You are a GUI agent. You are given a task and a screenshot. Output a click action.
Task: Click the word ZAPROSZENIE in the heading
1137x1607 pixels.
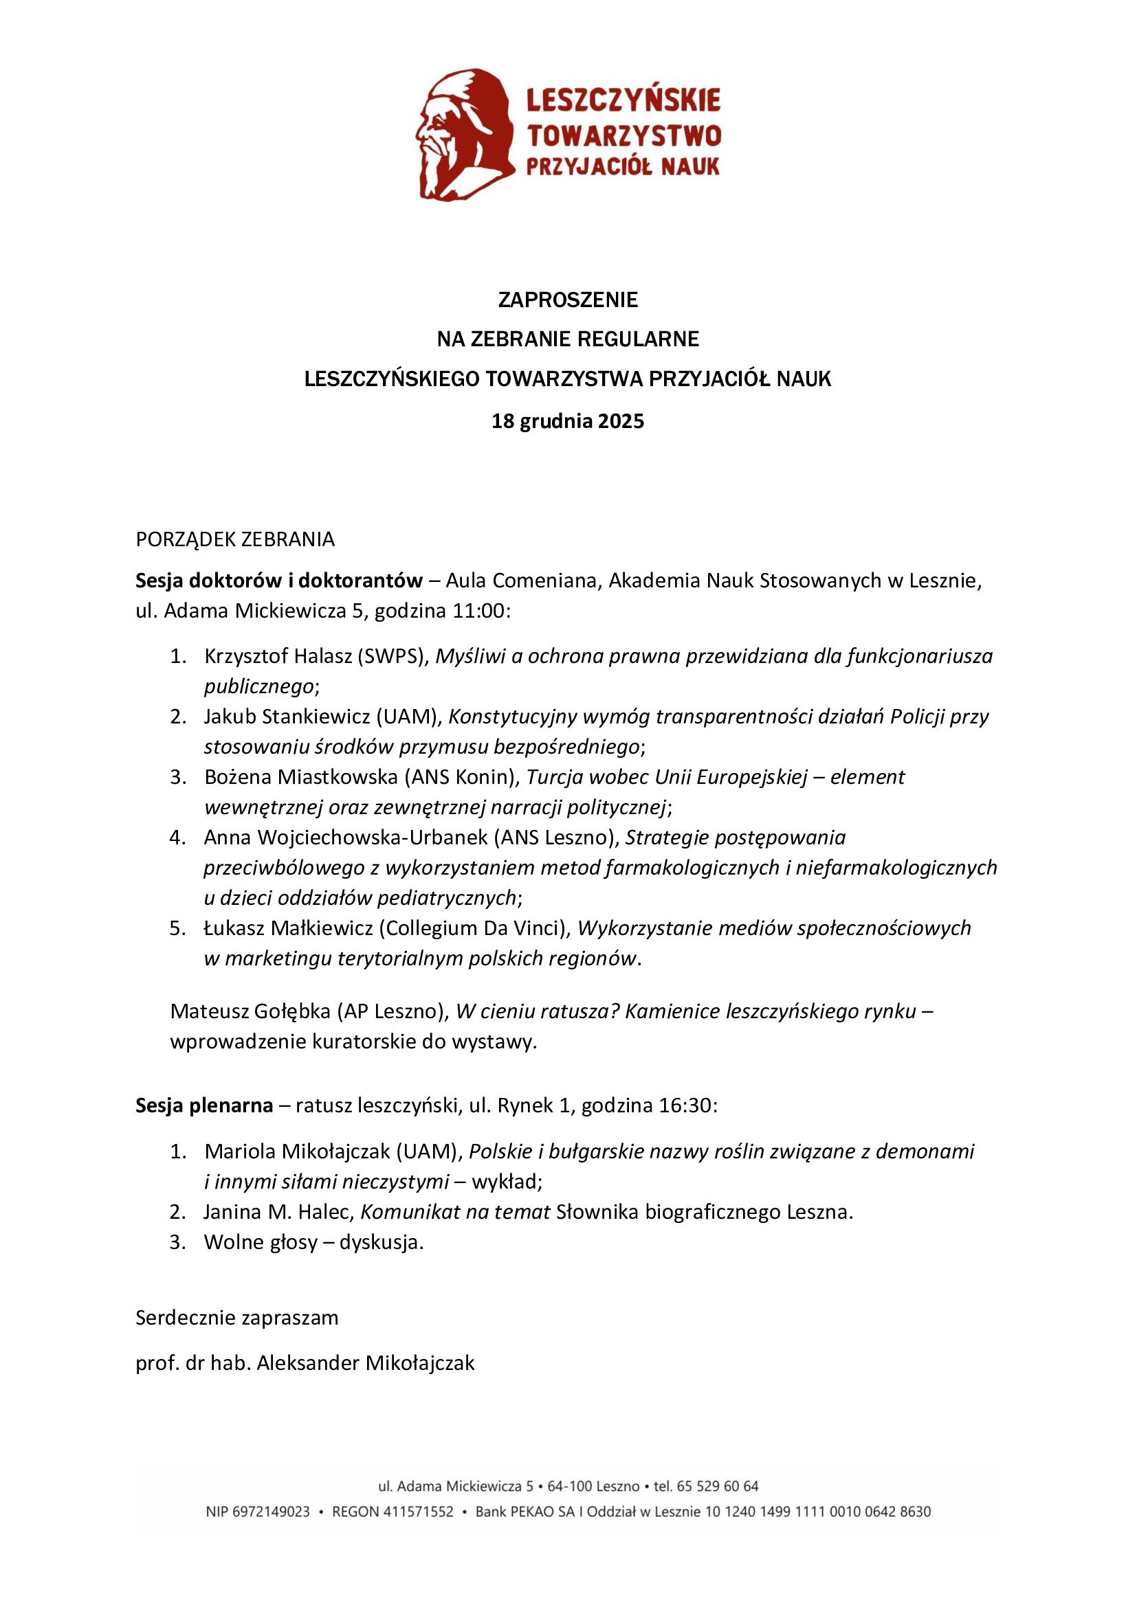click(x=568, y=301)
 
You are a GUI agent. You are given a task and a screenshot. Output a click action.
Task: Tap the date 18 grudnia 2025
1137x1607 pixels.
click(x=568, y=422)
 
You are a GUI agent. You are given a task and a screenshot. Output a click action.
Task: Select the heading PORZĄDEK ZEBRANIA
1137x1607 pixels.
click(x=235, y=539)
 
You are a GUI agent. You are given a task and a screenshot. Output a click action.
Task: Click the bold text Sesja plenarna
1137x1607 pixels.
click(x=204, y=1106)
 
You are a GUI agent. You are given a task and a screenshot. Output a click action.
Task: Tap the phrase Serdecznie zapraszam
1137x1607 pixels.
click(x=236, y=1318)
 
